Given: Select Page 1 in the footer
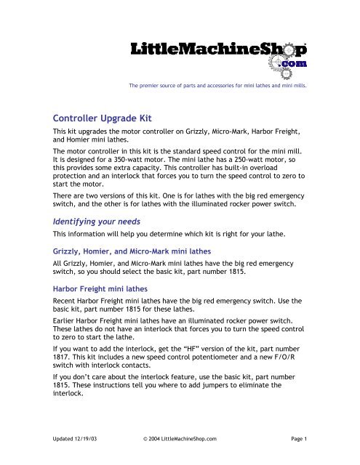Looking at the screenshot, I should click(300, 450).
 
